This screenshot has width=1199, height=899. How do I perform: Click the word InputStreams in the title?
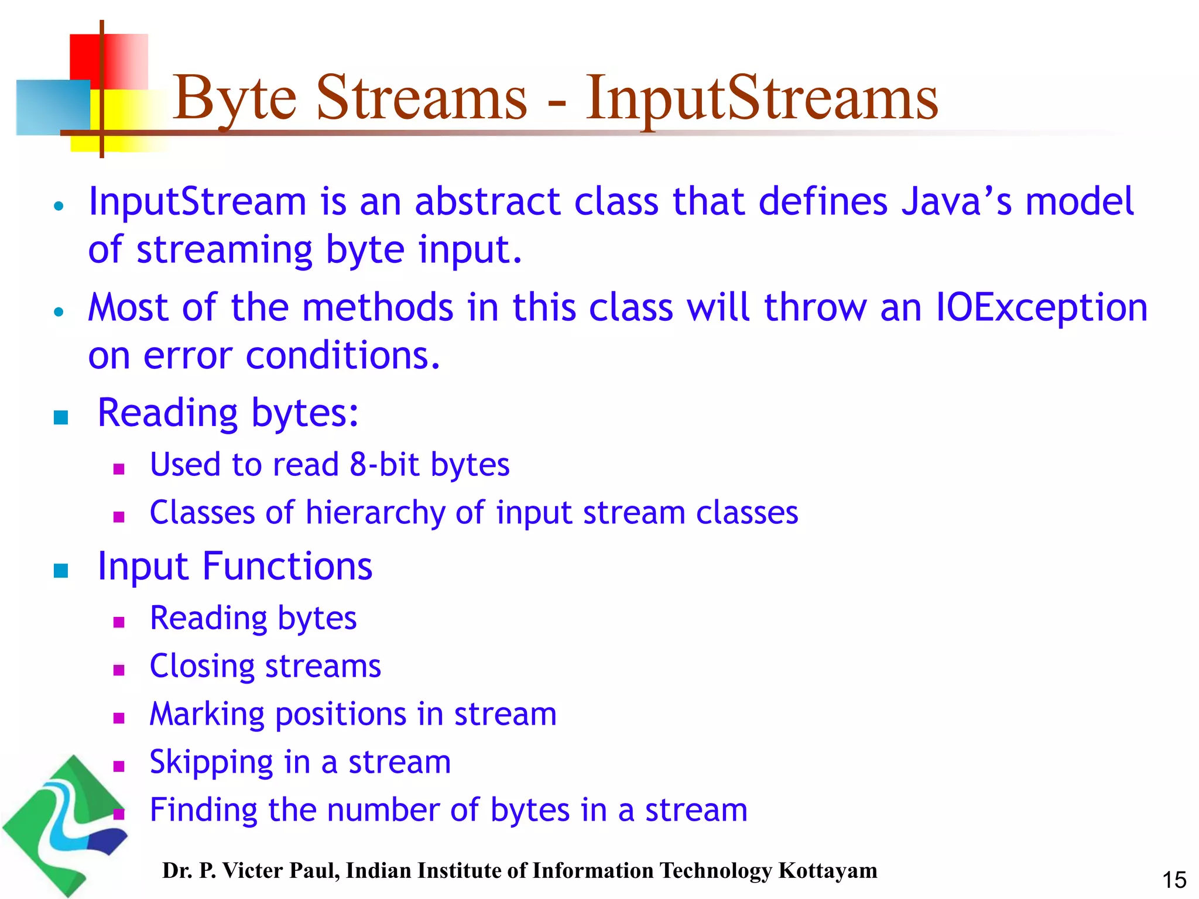(761, 98)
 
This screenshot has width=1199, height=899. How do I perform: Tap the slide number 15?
(1174, 880)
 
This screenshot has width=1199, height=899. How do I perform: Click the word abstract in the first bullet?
(487, 201)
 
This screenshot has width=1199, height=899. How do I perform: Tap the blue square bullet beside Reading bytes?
(61, 417)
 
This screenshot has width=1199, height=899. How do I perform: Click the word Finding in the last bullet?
(203, 811)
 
